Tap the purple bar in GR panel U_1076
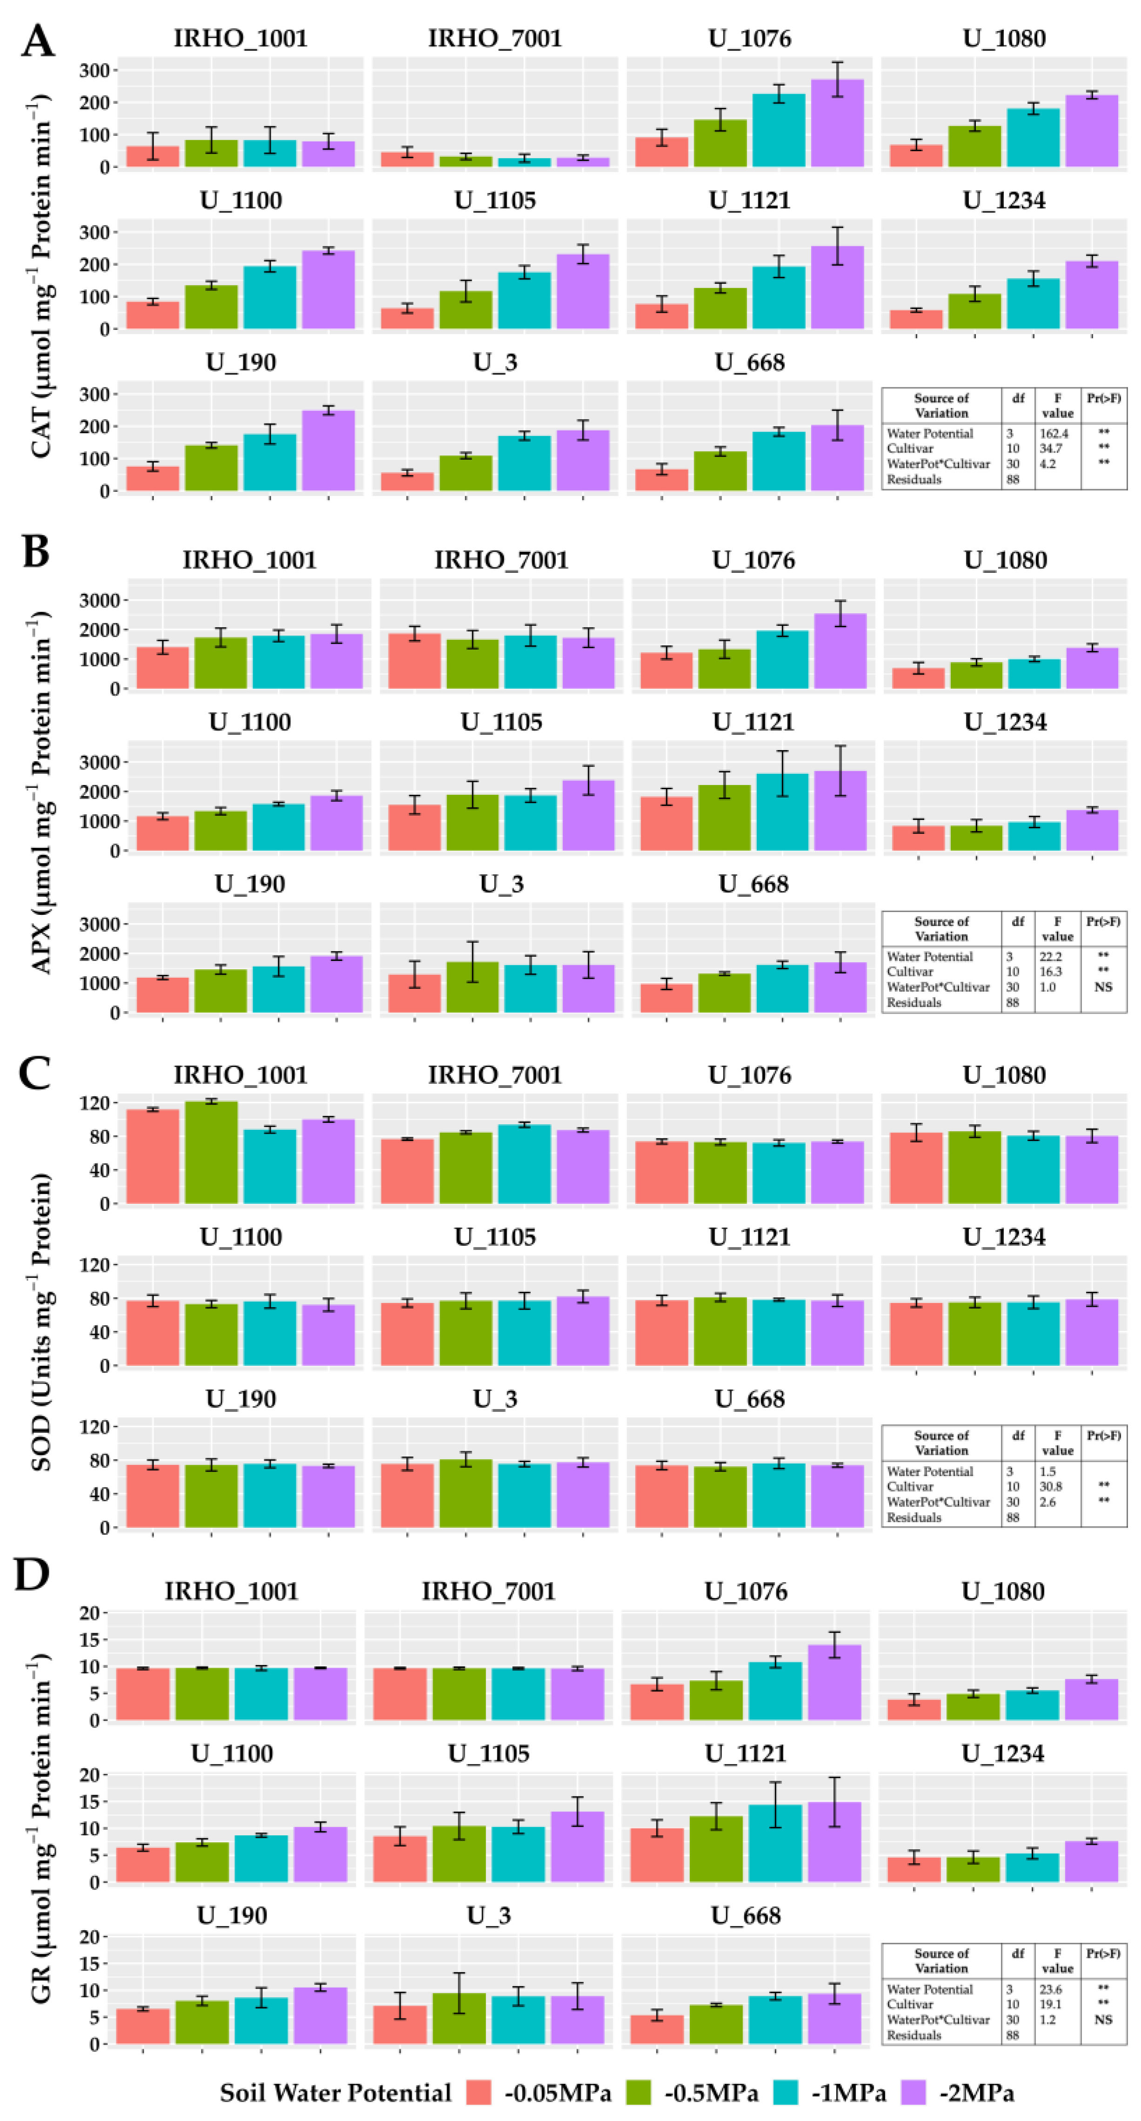click(x=834, y=1682)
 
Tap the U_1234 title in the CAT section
click(x=1003, y=201)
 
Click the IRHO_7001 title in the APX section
click(x=501, y=561)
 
